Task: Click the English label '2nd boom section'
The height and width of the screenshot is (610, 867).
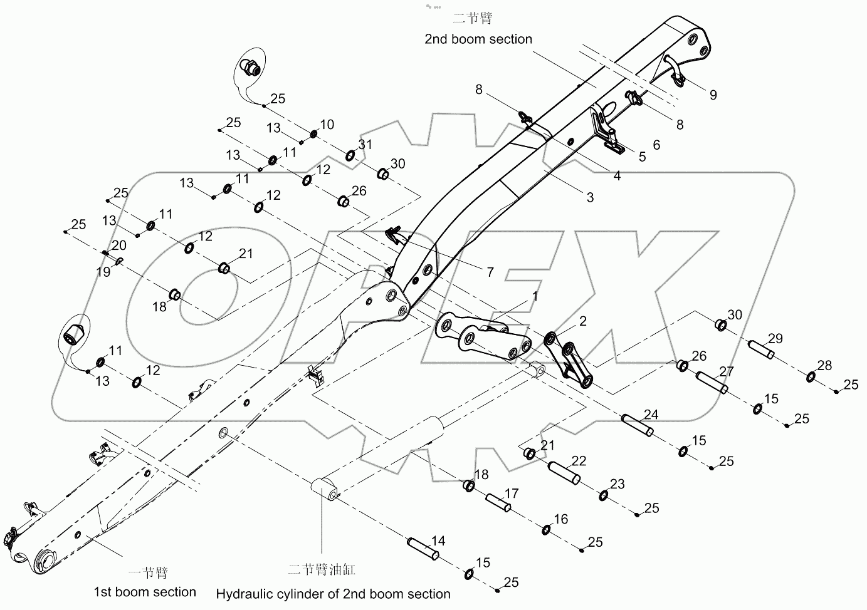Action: point(478,39)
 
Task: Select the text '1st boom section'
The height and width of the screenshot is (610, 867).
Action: point(145,592)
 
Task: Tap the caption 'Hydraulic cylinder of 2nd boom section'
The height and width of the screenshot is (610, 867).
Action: point(333,594)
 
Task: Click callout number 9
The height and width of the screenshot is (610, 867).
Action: point(713,95)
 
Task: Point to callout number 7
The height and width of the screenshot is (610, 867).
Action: point(490,272)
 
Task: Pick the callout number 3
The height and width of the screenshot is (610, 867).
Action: point(590,197)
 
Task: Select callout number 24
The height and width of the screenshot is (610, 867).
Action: point(651,415)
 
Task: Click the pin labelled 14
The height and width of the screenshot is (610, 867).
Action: point(423,549)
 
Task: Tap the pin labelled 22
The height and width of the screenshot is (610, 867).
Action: point(564,474)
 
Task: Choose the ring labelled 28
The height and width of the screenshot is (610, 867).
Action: point(811,377)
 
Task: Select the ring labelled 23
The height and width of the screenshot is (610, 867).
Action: point(603,496)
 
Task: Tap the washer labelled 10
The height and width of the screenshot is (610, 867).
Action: point(313,134)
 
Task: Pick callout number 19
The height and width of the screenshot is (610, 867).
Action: point(103,272)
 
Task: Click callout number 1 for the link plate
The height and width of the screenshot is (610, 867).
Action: point(535,296)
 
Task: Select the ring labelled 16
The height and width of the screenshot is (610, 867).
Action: point(546,531)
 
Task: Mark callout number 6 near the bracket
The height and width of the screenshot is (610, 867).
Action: point(656,145)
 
